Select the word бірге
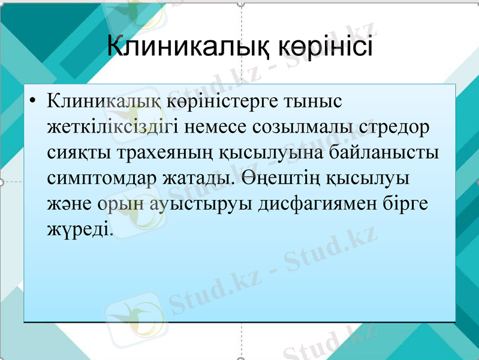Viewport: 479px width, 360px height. (x=409, y=203)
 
